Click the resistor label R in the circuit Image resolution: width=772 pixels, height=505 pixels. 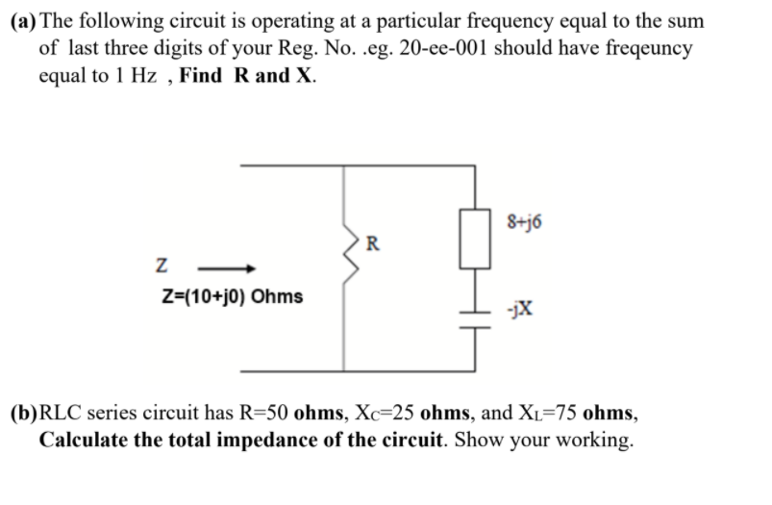(372, 240)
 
